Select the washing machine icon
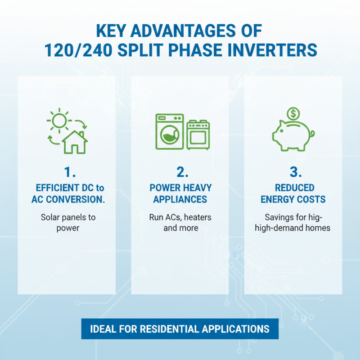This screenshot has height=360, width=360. click(170, 132)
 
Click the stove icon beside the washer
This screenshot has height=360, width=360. click(198, 135)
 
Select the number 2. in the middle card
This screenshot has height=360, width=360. click(180, 172)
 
